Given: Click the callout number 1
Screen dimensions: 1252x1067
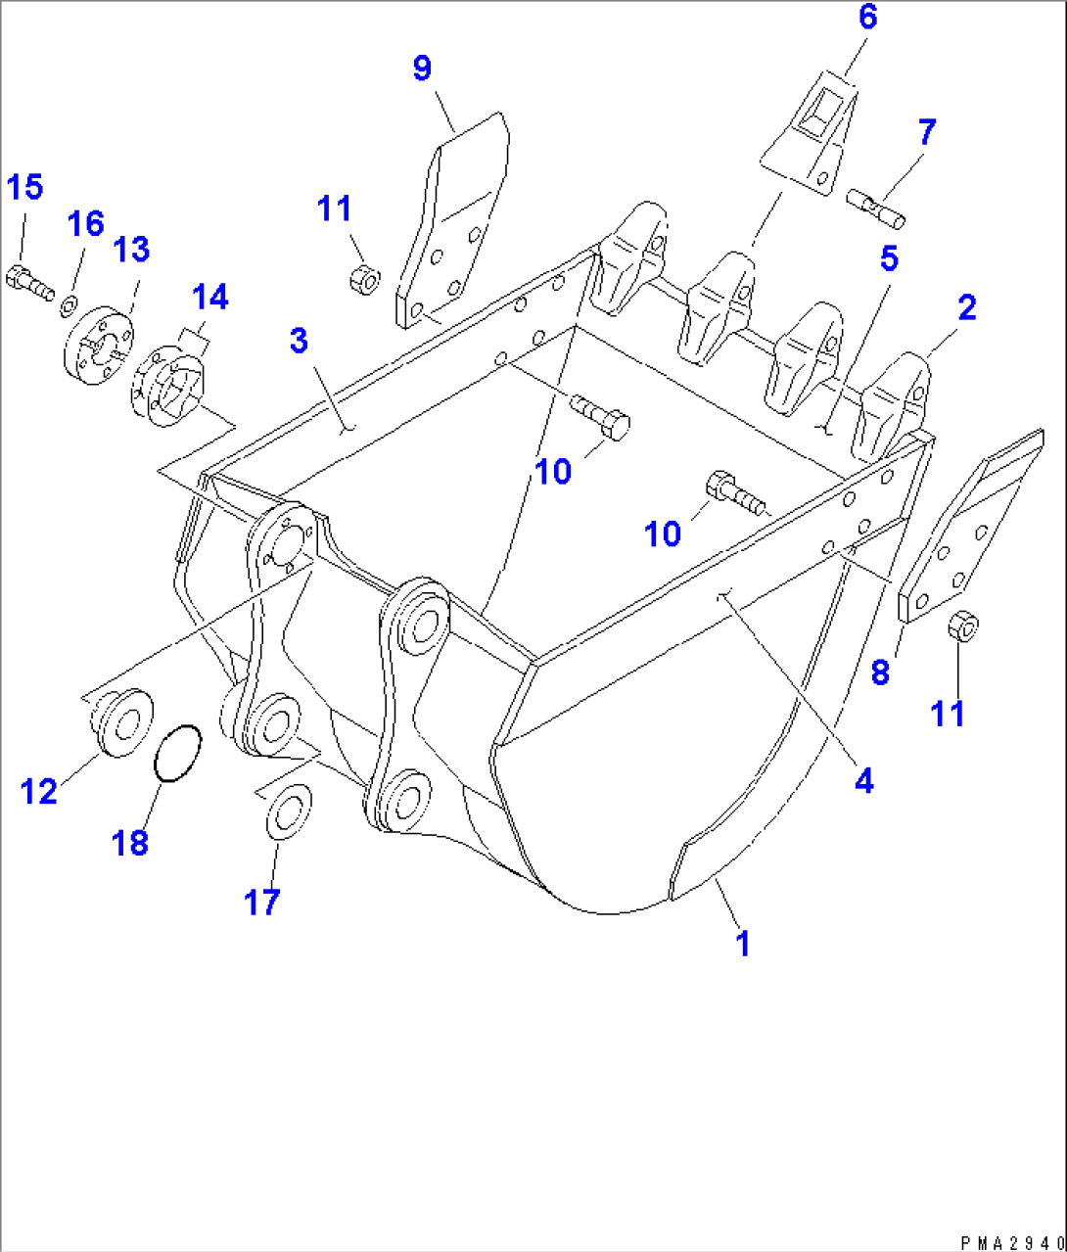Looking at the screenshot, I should click(742, 944).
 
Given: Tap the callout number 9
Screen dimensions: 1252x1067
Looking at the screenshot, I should click(422, 70).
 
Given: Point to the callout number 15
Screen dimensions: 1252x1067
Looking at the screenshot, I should click(26, 186).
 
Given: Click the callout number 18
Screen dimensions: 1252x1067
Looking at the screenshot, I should click(130, 841).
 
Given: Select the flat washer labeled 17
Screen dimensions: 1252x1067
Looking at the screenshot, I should click(287, 811).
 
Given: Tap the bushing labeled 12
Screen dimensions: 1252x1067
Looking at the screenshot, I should click(123, 722).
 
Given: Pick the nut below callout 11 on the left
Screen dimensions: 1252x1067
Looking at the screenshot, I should click(363, 278).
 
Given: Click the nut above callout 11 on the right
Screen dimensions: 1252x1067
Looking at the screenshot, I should click(961, 626).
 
